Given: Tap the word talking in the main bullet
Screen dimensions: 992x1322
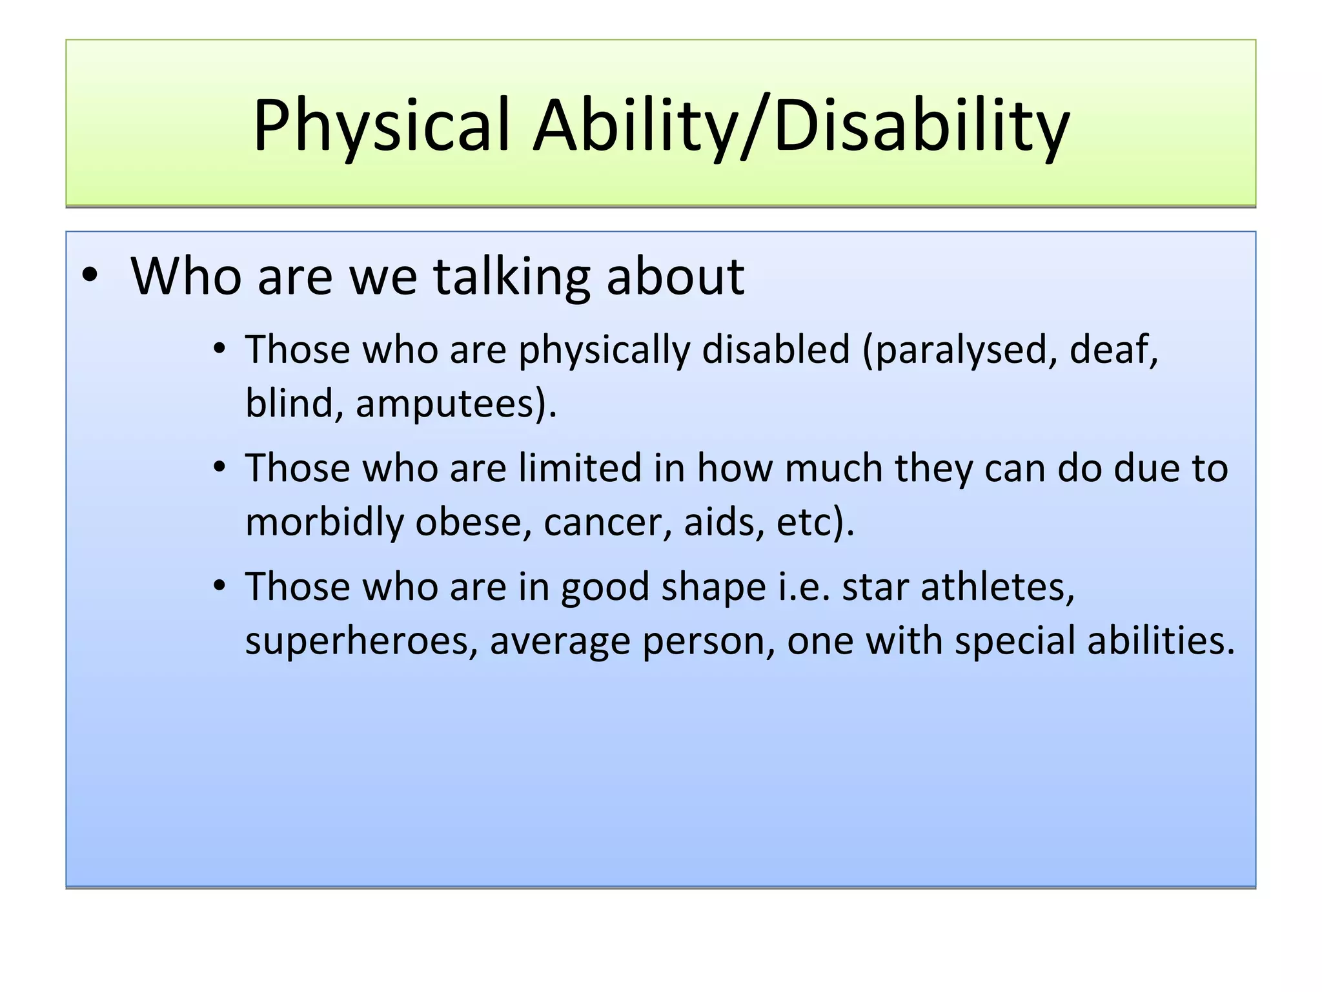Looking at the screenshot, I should pyautogui.click(x=511, y=276).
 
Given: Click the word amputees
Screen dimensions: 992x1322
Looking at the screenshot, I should pyautogui.click(x=449, y=404).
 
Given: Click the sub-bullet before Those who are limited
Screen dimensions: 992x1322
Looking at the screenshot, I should pyautogui.click(x=220, y=468).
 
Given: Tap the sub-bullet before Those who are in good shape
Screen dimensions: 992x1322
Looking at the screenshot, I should pyautogui.click(x=220, y=586).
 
